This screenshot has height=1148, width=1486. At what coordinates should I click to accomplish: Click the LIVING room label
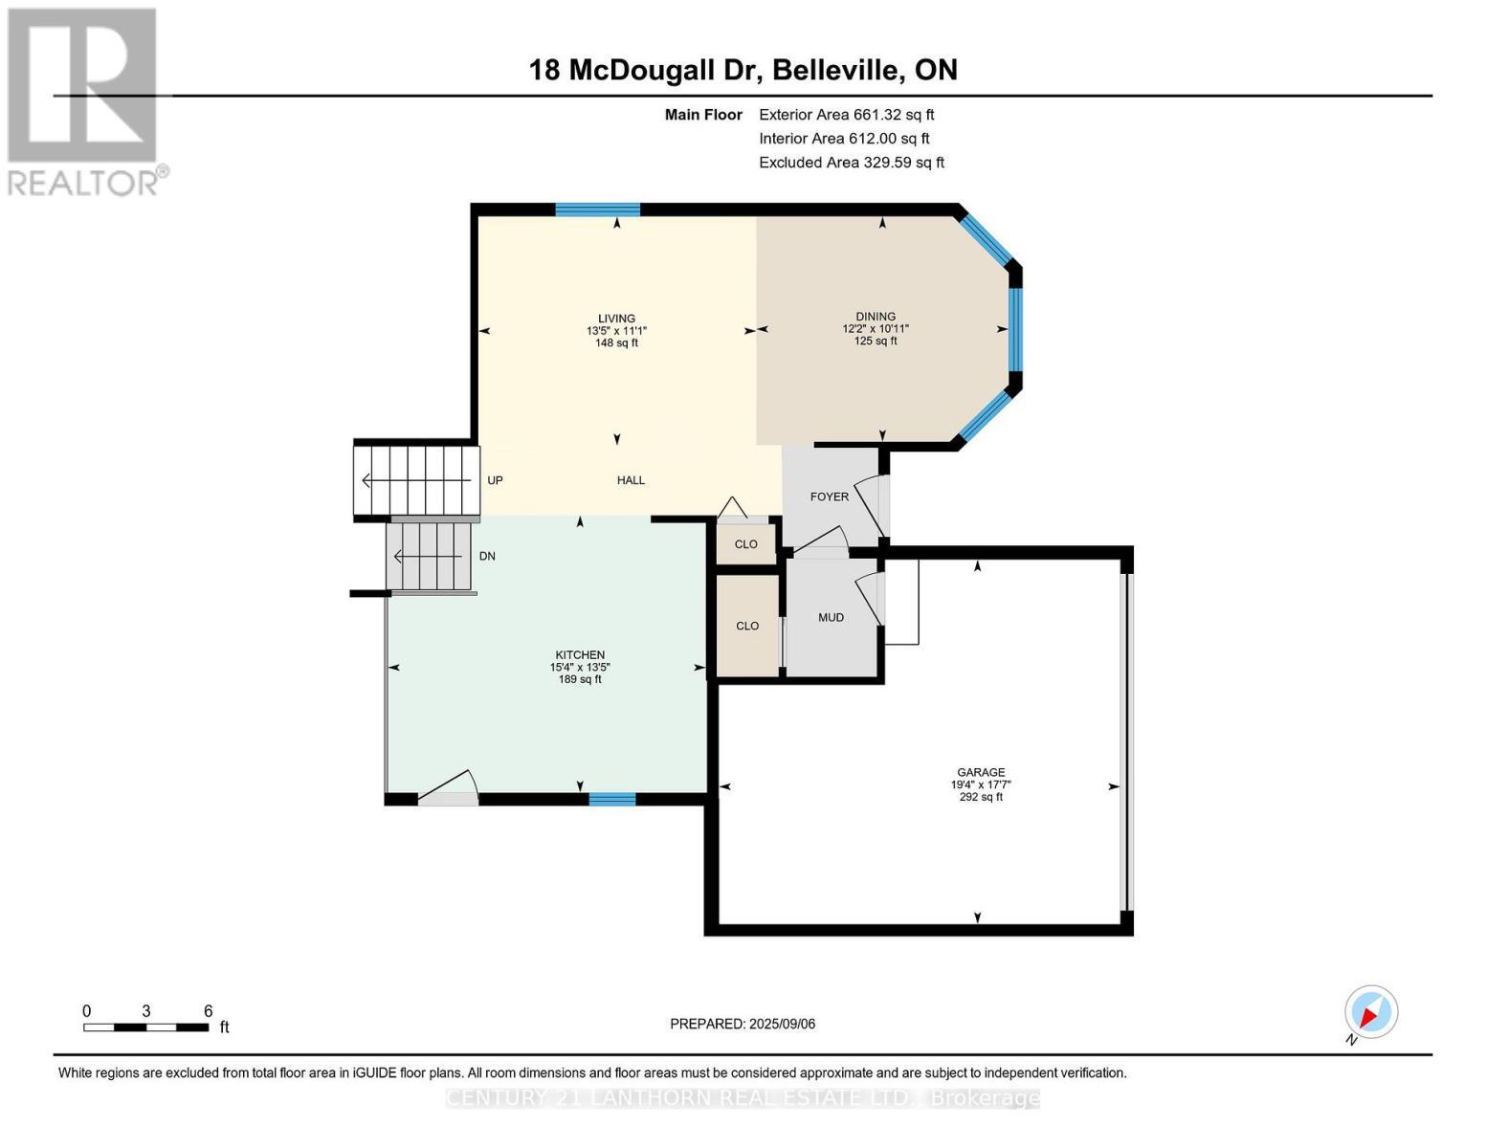616,319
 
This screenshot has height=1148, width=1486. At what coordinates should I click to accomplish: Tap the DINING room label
876,317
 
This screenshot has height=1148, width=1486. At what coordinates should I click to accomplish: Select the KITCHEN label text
580,655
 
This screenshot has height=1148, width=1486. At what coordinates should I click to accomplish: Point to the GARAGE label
981,772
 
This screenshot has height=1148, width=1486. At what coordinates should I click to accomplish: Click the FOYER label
829,497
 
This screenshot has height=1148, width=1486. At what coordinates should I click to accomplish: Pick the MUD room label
831,617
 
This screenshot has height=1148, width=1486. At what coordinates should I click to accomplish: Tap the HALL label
631,480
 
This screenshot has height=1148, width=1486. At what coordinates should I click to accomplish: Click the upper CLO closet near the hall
745,544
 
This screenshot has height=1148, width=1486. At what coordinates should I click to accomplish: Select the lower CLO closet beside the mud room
747,626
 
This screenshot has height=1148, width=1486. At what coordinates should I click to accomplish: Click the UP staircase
416,480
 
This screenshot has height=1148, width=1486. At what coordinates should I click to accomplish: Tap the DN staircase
430,556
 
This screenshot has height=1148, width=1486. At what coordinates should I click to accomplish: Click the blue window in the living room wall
597,210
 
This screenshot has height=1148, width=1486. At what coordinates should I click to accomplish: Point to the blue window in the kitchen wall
611,799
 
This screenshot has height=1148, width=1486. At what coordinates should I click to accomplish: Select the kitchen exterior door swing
448,788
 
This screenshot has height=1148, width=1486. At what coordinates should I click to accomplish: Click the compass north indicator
1370,1012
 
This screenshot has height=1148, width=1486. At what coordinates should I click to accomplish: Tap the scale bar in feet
145,1027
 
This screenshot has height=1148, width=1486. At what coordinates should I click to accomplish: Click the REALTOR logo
84,100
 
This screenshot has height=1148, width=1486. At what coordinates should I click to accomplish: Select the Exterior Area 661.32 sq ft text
846,114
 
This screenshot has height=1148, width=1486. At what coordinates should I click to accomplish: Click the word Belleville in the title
834,70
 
